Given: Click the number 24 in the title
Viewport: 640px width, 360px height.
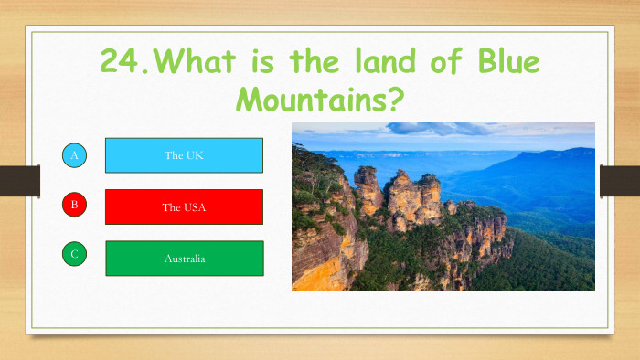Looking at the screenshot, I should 120,62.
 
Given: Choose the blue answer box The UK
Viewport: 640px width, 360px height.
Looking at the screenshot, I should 184,155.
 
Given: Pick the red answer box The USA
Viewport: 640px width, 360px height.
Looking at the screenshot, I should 184,206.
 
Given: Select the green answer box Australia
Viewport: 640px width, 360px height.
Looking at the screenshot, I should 184,258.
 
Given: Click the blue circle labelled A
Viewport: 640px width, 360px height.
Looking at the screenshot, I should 75,155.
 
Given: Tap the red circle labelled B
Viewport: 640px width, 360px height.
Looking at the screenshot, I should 75,205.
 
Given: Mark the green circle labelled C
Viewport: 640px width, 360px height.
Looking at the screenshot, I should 75,254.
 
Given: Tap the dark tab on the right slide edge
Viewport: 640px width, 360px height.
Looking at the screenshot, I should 620,181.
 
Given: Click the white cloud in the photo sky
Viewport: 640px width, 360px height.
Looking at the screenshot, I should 430,129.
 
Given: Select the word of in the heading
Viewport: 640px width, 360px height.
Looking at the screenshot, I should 436,62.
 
